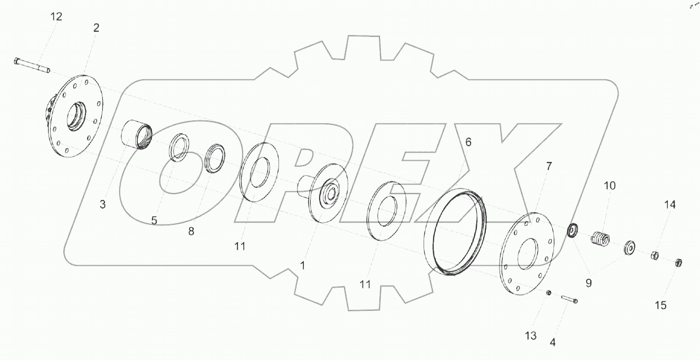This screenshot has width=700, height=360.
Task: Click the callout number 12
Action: [x=56, y=16]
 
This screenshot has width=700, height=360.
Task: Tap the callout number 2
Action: [x=96, y=28]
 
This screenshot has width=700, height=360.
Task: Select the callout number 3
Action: [x=102, y=204]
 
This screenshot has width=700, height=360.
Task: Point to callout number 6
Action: [x=468, y=142]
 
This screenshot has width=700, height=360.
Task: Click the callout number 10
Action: [x=609, y=185]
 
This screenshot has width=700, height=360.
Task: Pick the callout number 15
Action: [x=660, y=305]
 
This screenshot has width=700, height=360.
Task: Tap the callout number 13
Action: [x=531, y=336]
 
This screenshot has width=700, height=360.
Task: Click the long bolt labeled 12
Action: [x=32, y=65]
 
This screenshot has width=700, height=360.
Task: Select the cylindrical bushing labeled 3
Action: [x=137, y=135]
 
